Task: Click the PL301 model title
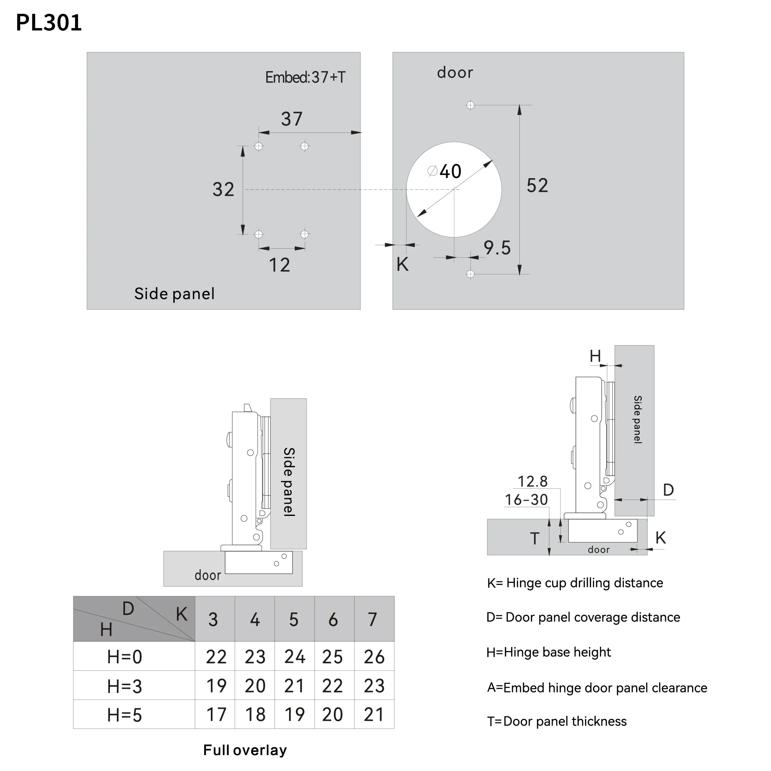(49, 23)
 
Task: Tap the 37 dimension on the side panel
(292, 119)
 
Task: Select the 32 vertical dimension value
(223, 189)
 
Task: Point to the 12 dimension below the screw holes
(279, 265)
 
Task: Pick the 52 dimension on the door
(537, 186)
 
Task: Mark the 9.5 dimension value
(497, 248)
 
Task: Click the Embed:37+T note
(305, 77)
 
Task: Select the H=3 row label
(124, 686)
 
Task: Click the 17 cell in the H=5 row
(216, 715)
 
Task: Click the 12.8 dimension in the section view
(532, 482)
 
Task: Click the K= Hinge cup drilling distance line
(575, 583)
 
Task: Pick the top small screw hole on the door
(470, 105)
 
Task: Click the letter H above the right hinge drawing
(595, 356)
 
